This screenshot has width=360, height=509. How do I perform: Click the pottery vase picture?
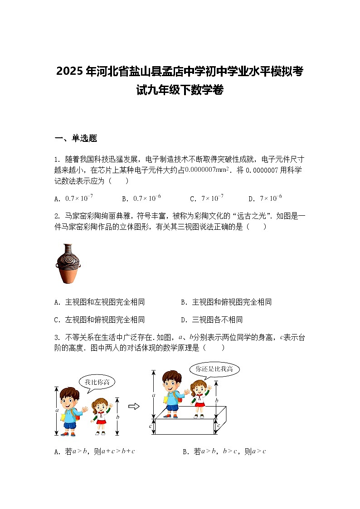tap(68, 264)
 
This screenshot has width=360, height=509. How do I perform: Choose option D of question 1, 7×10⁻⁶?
tap(266, 198)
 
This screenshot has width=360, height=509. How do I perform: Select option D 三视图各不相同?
tap(212, 320)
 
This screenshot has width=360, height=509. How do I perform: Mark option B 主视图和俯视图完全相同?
tap(226, 302)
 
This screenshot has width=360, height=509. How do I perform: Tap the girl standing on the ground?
tap(101, 416)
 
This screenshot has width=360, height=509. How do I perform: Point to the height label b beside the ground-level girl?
tap(118, 417)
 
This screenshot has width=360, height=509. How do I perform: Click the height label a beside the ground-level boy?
tap(57, 411)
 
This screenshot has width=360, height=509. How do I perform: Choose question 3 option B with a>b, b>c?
tap(224, 451)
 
